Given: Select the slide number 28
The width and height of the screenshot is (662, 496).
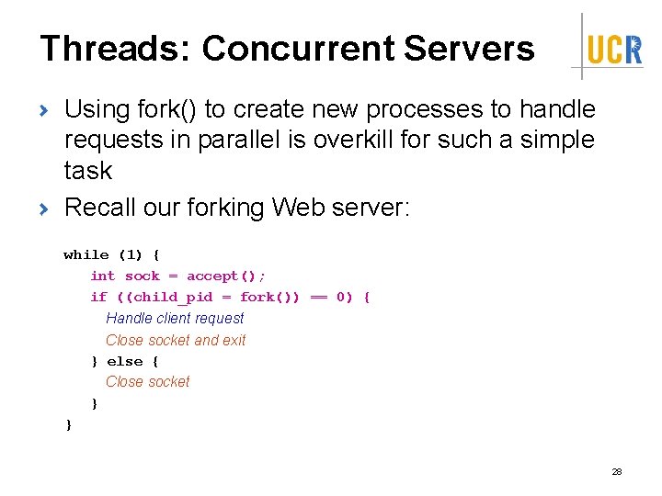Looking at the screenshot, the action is point(617,471).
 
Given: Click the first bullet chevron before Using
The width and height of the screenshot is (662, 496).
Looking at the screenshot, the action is point(49,110).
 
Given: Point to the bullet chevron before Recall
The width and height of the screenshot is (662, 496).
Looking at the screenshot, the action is point(49,209).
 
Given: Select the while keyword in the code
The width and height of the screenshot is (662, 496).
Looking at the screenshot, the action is point(86,254).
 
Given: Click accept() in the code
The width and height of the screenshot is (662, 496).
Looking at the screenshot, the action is point(226,276).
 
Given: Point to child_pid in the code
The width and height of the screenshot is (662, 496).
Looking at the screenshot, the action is point(173,297).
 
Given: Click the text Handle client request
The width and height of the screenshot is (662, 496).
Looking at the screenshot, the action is point(175,319).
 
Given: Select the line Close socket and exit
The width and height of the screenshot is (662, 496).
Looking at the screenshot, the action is point(176,340).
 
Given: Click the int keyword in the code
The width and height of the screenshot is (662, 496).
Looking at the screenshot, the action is point(102,276).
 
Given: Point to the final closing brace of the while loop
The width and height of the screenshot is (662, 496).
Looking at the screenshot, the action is point(68,424).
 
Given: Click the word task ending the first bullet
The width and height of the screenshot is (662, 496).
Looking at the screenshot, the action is point(88,171).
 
